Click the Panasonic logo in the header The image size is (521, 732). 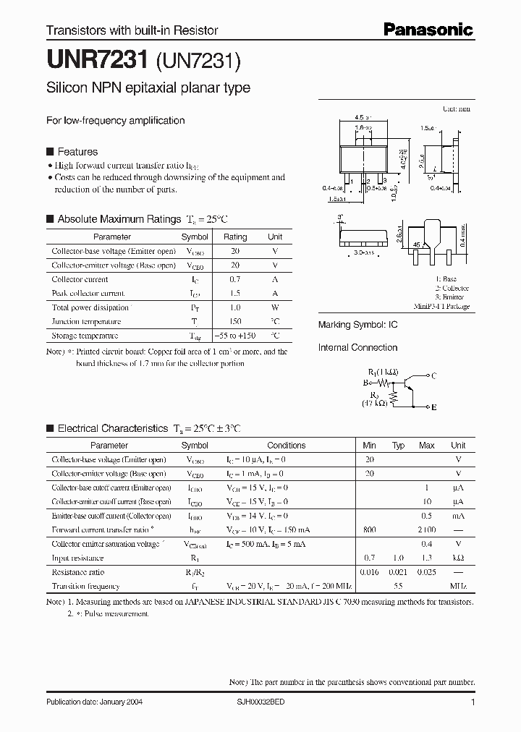[x=427, y=30]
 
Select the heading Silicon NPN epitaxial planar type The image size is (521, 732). [x=148, y=88]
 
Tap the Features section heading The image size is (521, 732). [x=77, y=152]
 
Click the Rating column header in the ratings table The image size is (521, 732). [x=235, y=237]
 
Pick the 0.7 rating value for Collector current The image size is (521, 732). [x=235, y=279]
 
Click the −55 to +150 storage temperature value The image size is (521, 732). [x=236, y=336]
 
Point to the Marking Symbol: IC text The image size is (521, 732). [x=357, y=325]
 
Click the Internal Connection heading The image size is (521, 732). [x=357, y=348]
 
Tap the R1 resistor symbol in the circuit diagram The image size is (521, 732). [x=384, y=383]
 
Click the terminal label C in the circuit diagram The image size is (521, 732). [x=433, y=376]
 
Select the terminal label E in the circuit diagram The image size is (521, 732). [x=433, y=408]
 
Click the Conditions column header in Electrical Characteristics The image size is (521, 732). [x=286, y=446]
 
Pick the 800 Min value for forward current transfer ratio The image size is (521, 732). [x=370, y=530]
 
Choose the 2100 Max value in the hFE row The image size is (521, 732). [x=427, y=530]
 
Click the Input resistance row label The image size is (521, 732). [x=77, y=558]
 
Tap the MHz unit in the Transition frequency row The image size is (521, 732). [x=458, y=587]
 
